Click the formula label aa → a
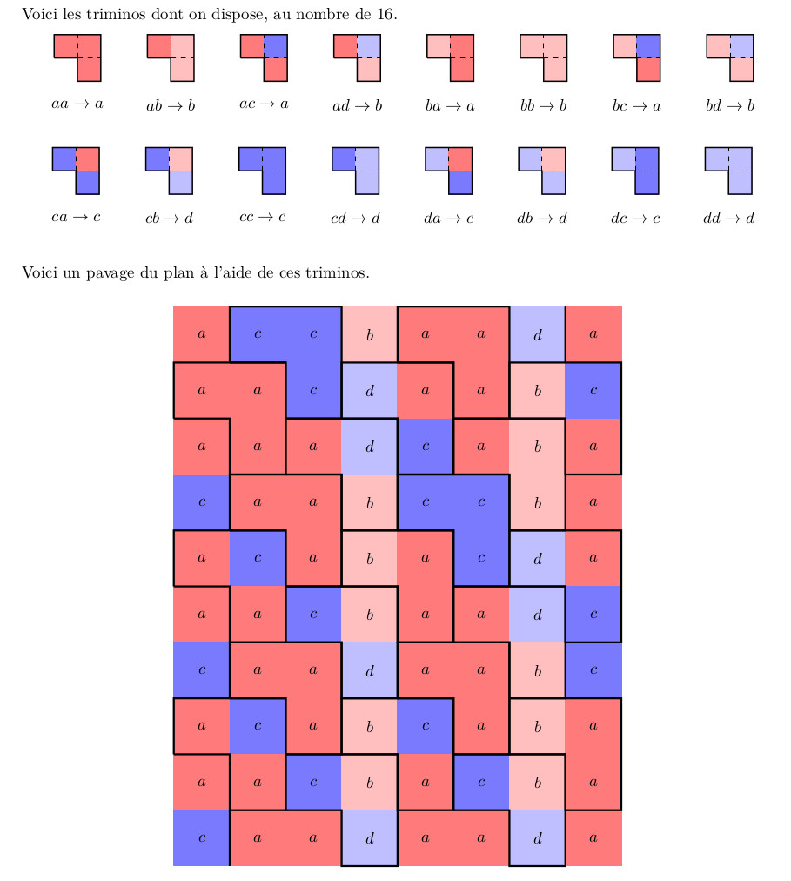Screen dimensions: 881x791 tap(77, 104)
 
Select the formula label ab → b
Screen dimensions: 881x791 tap(171, 106)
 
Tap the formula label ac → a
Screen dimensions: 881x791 tap(264, 104)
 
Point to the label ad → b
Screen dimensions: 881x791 tap(357, 106)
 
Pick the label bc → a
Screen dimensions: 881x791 tap(636, 106)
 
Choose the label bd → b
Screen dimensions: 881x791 tap(729, 106)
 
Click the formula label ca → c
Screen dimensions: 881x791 tap(77, 217)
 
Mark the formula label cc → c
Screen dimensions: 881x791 tap(263, 217)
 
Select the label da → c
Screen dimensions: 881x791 tap(449, 217)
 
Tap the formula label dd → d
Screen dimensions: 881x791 tap(729, 217)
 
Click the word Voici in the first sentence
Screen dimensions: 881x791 tap(38, 15)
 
